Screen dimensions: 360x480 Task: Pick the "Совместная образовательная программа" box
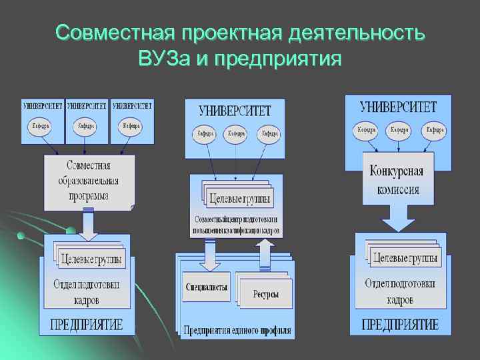89,181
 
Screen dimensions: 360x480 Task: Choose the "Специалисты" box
205,287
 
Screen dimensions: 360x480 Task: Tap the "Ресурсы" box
265,294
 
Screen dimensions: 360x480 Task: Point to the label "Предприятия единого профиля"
236,329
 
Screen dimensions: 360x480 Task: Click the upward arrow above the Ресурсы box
265,254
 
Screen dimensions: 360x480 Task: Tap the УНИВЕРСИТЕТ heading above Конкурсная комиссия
397,107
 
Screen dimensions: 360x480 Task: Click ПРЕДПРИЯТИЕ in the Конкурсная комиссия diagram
400,325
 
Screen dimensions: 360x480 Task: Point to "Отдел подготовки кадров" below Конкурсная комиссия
399,291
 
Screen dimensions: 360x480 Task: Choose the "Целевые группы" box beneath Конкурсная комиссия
405,257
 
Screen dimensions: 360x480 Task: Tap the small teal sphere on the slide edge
21,235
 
